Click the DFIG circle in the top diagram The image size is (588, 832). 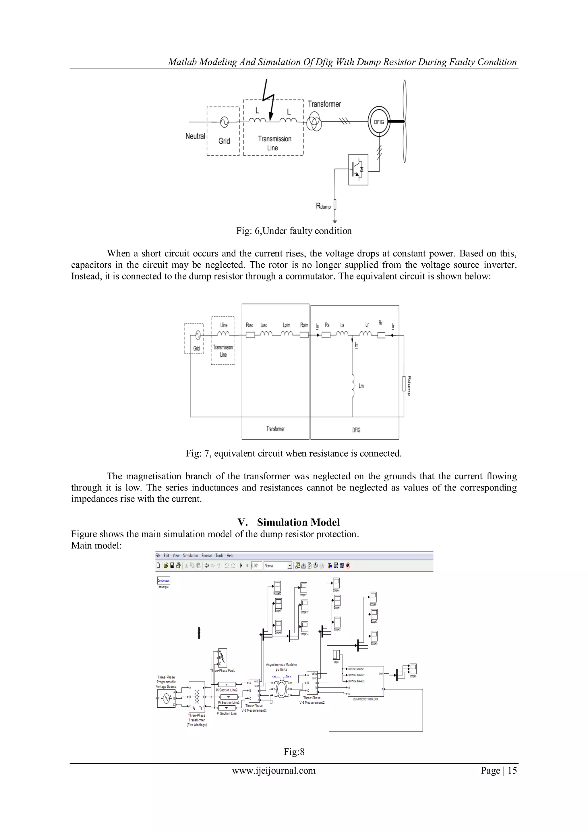pyautogui.click(x=379, y=122)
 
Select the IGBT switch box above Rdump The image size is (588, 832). pyautogui.click(x=358, y=170)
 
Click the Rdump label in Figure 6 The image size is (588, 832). pyautogui.click(x=323, y=206)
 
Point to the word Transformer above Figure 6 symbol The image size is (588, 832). pyautogui.click(x=324, y=104)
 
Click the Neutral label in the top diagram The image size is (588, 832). pyautogui.click(x=195, y=136)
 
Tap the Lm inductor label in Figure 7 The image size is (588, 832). pyautogui.click(x=361, y=386)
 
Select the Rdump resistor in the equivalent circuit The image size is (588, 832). pyautogui.click(x=404, y=384)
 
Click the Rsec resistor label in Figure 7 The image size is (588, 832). pyautogui.click(x=249, y=325)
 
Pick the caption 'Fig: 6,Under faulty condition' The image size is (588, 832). pyautogui.click(x=294, y=231)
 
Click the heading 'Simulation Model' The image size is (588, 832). pyautogui.click(x=298, y=522)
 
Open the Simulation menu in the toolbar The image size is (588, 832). pyautogui.click(x=190, y=555)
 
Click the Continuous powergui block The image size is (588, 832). pyautogui.click(x=163, y=580)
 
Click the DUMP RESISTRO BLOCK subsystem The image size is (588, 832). pyautogui.click(x=365, y=681)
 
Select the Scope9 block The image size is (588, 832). pyautogui.click(x=413, y=669)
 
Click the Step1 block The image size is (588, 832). pyautogui.click(x=336, y=655)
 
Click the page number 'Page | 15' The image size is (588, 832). pyautogui.click(x=498, y=771)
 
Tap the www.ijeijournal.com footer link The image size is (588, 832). pyautogui.click(x=274, y=771)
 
